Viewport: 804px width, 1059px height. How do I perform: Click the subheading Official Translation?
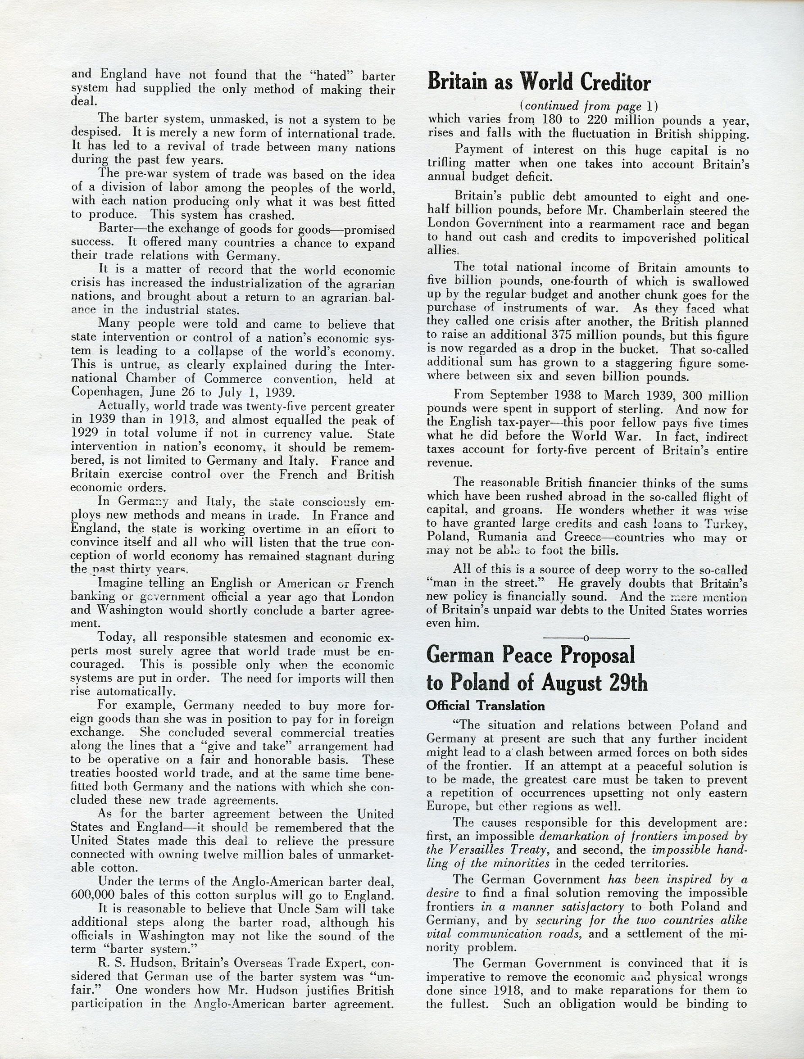485,706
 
